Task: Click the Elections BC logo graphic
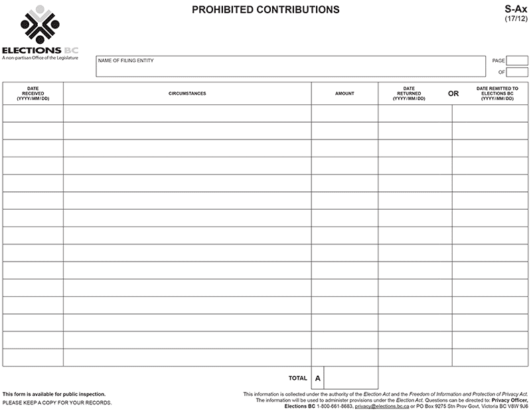40,25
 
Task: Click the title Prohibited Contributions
265,10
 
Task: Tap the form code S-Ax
516,9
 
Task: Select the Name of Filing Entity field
291,66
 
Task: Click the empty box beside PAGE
517,60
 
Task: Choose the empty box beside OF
517,72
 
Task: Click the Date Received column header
33,94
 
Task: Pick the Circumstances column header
187,94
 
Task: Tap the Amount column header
344,94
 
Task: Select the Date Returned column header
409,94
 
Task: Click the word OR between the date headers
453,94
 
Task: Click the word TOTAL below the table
298,378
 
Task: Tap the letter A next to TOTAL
318,378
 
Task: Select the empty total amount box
351,378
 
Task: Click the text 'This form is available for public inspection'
54,394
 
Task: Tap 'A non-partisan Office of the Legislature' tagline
40,58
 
